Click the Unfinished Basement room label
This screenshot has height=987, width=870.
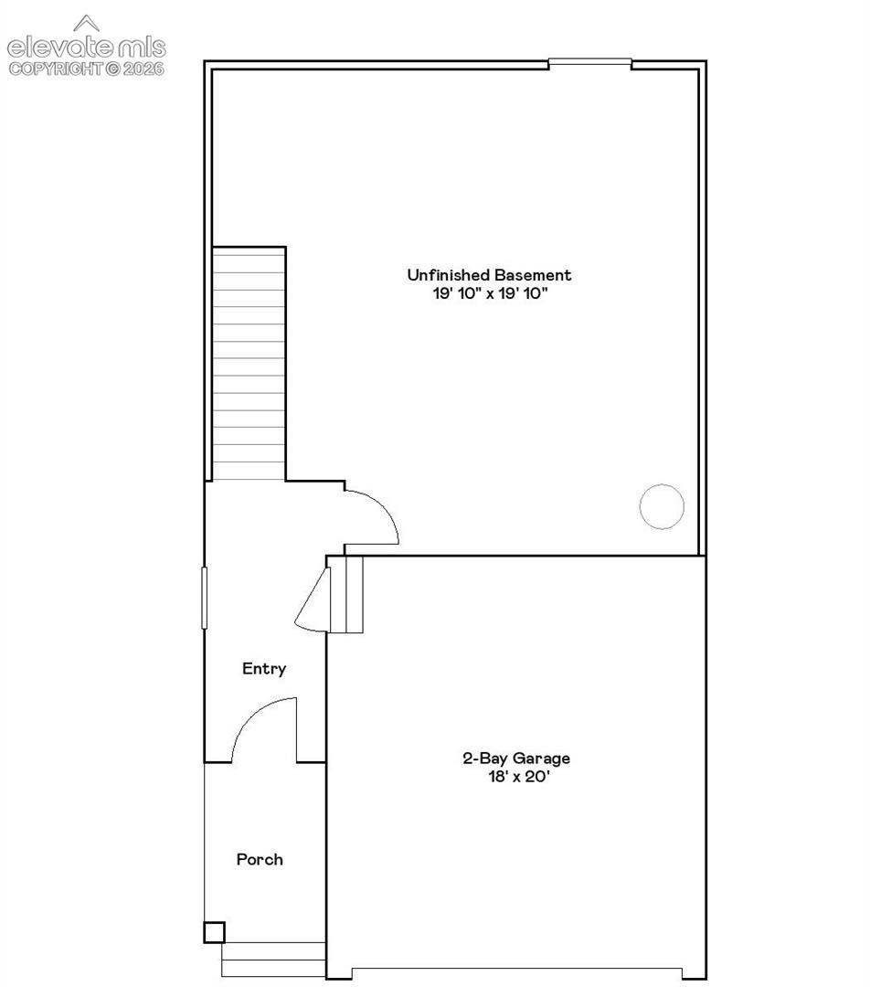[x=489, y=275]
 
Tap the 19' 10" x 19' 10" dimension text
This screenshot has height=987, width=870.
[x=491, y=293]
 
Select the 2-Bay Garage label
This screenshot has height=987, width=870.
[x=516, y=759]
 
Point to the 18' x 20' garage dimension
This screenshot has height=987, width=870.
[x=519, y=777]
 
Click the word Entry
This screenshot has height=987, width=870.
[x=264, y=668]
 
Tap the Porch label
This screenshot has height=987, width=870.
[x=260, y=859]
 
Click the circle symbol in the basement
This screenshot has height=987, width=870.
[x=662, y=484]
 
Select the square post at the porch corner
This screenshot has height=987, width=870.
[x=214, y=932]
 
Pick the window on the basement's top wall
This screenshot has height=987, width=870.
[x=589, y=62]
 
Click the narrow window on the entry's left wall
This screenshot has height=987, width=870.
[x=204, y=598]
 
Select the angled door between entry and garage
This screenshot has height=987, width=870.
[x=313, y=600]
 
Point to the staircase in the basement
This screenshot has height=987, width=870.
[x=249, y=364]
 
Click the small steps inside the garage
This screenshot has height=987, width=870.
[x=346, y=594]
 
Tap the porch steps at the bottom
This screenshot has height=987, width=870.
[x=273, y=960]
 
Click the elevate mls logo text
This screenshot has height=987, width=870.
[x=86, y=48]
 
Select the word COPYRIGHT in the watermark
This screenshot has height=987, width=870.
[x=56, y=69]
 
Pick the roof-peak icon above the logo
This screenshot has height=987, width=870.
[x=86, y=23]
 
